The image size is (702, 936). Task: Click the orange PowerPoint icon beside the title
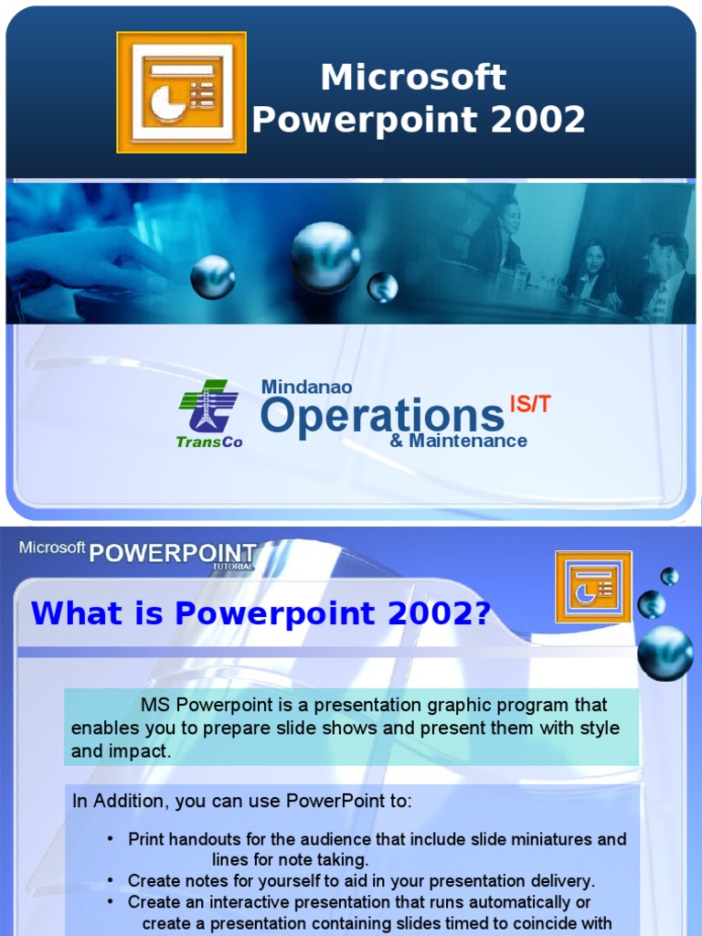(x=181, y=92)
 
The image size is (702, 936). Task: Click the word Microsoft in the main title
(x=413, y=78)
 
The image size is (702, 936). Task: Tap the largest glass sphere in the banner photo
(x=325, y=257)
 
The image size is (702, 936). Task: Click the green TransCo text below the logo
(x=209, y=442)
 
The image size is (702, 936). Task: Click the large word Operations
(x=382, y=416)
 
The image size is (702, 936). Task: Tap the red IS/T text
(x=530, y=404)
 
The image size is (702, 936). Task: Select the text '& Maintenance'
(x=458, y=441)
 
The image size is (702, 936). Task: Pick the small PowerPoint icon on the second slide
(x=592, y=587)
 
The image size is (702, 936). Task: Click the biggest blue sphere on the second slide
(x=665, y=653)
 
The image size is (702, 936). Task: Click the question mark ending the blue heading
(x=482, y=613)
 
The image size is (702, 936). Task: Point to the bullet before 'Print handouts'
(x=111, y=839)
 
